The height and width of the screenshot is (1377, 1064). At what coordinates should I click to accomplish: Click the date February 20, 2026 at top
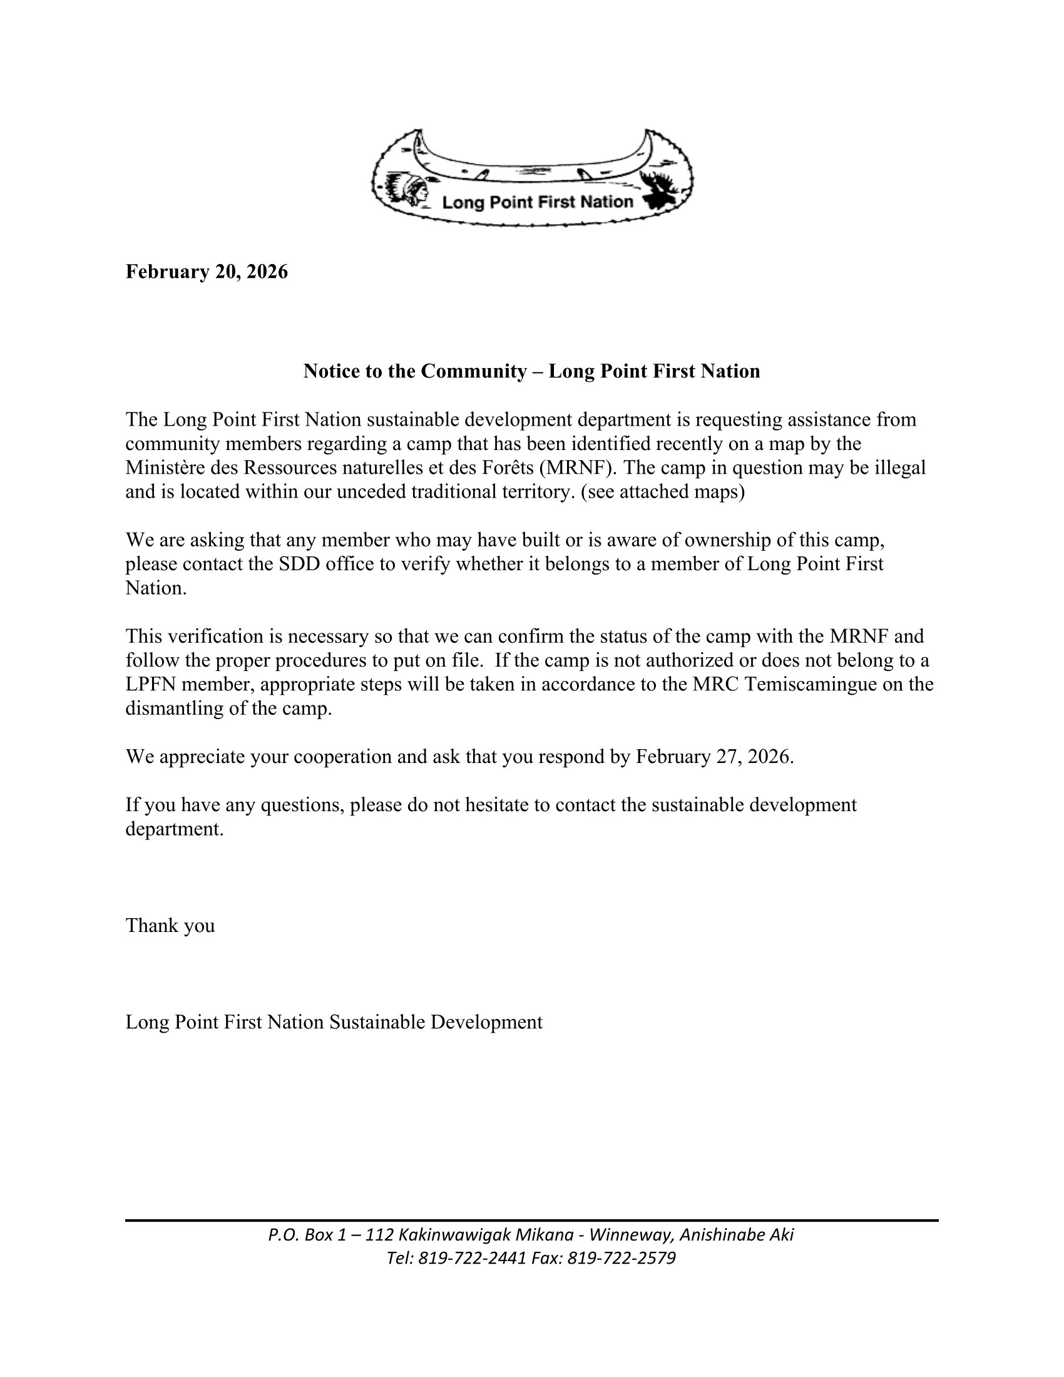click(x=207, y=272)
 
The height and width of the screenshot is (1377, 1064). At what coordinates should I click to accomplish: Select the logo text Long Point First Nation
click(x=537, y=202)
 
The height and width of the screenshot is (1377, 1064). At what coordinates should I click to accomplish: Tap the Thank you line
click(x=170, y=926)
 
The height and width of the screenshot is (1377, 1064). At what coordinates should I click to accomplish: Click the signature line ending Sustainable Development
click(x=334, y=1022)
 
